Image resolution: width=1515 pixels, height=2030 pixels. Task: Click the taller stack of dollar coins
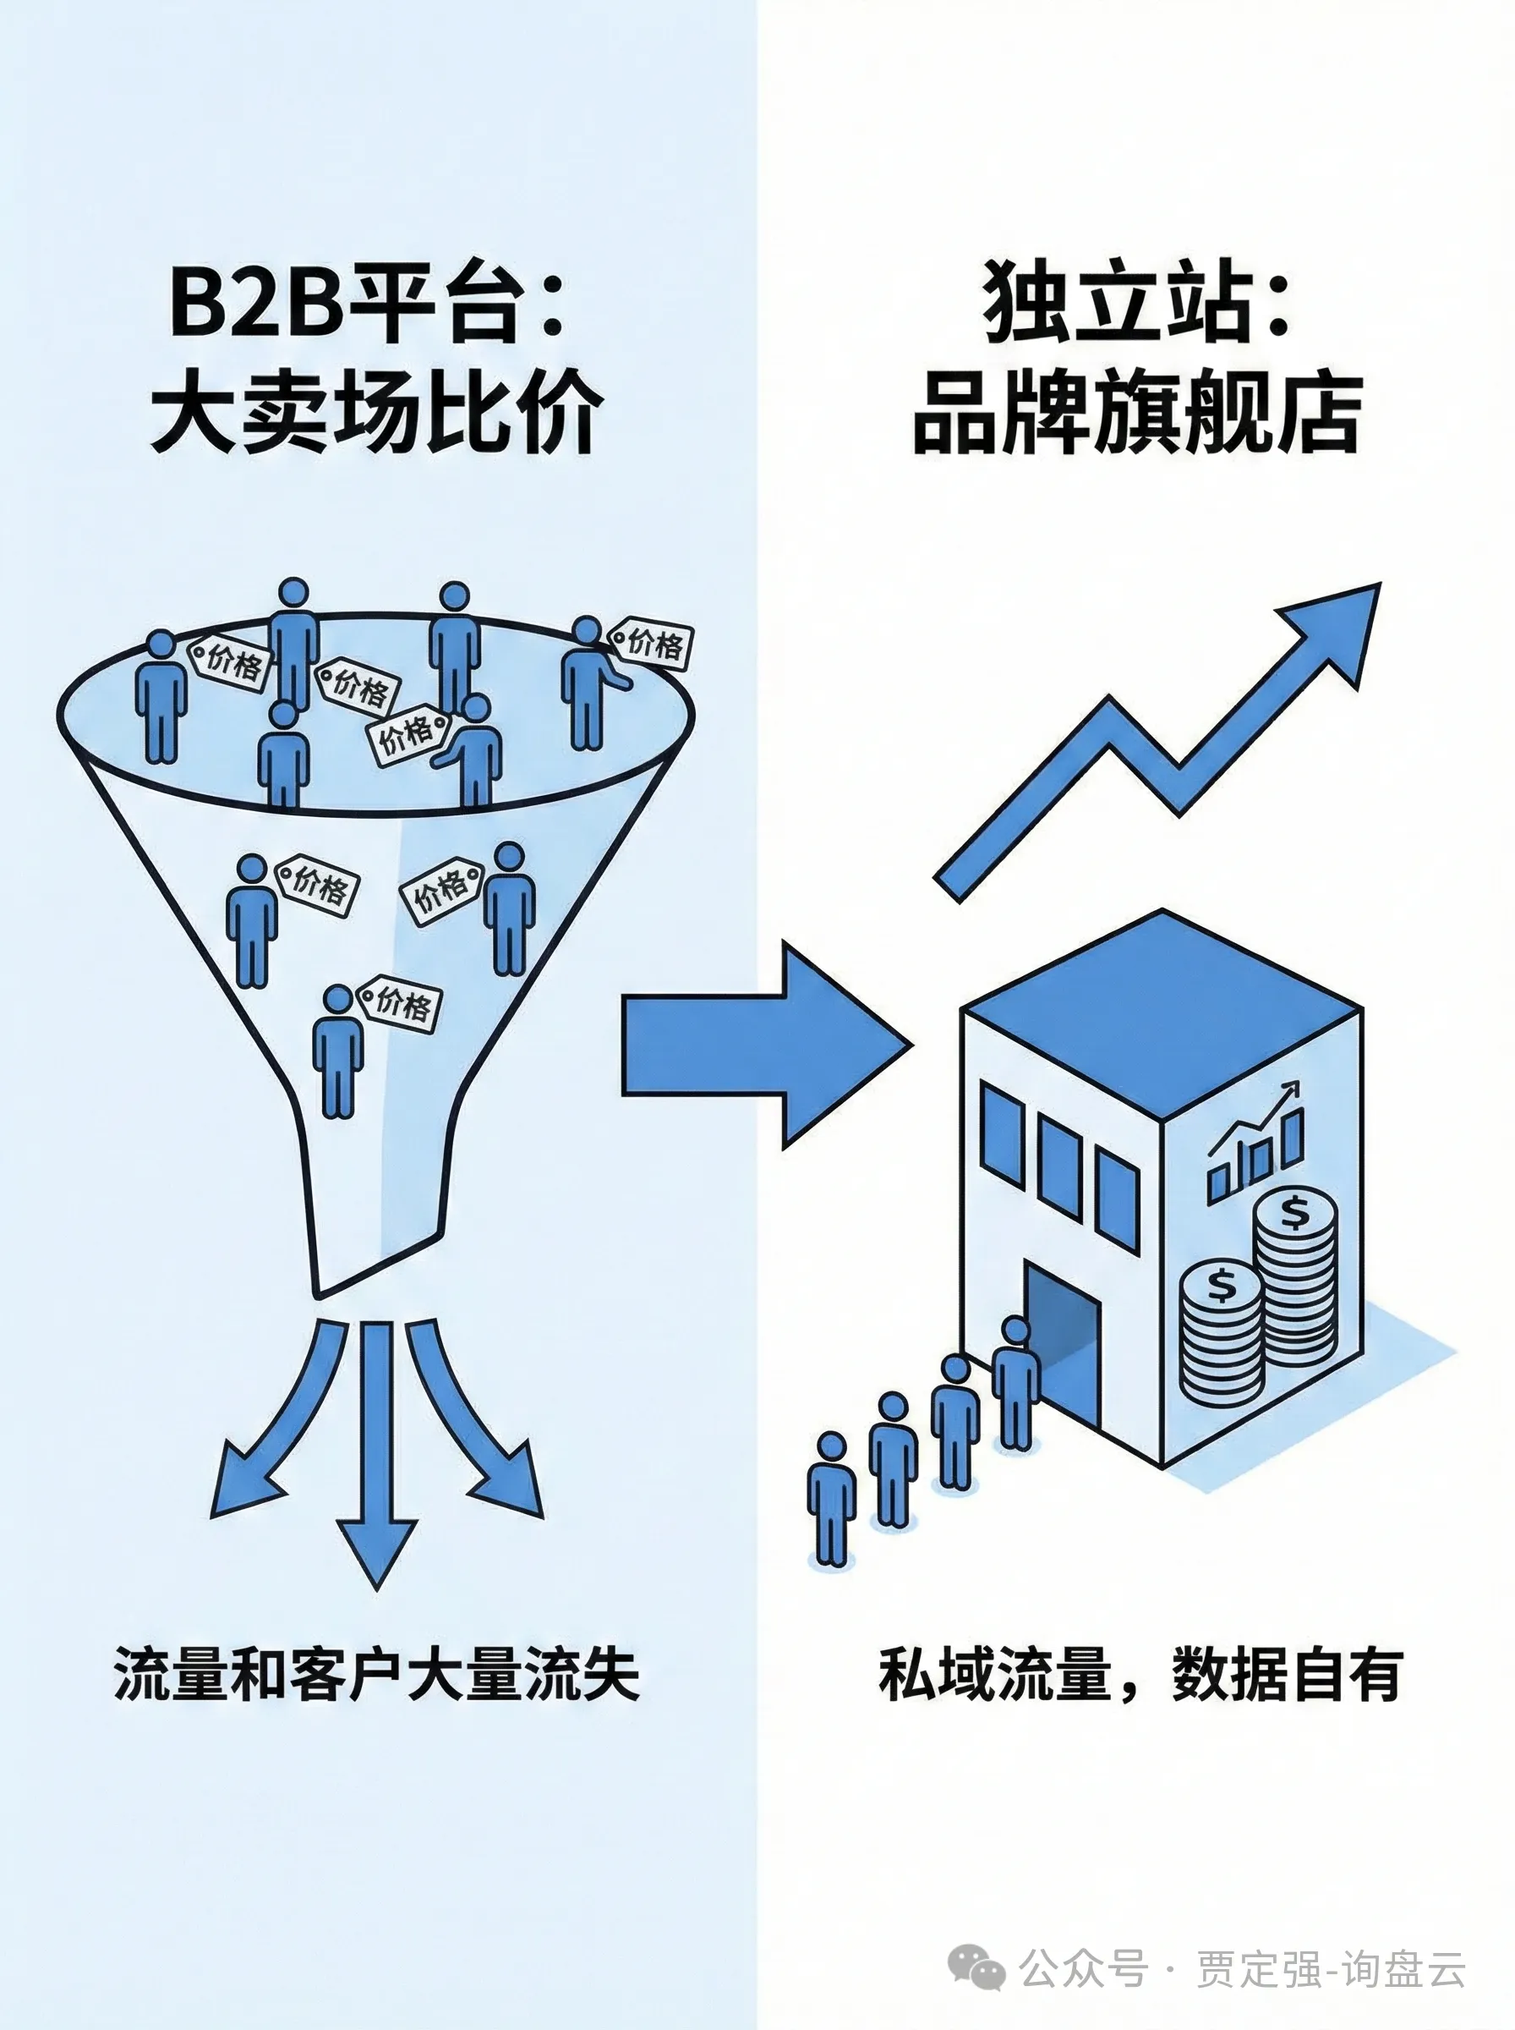(1295, 1284)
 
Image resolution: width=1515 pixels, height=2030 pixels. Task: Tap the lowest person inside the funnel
(337, 1051)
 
